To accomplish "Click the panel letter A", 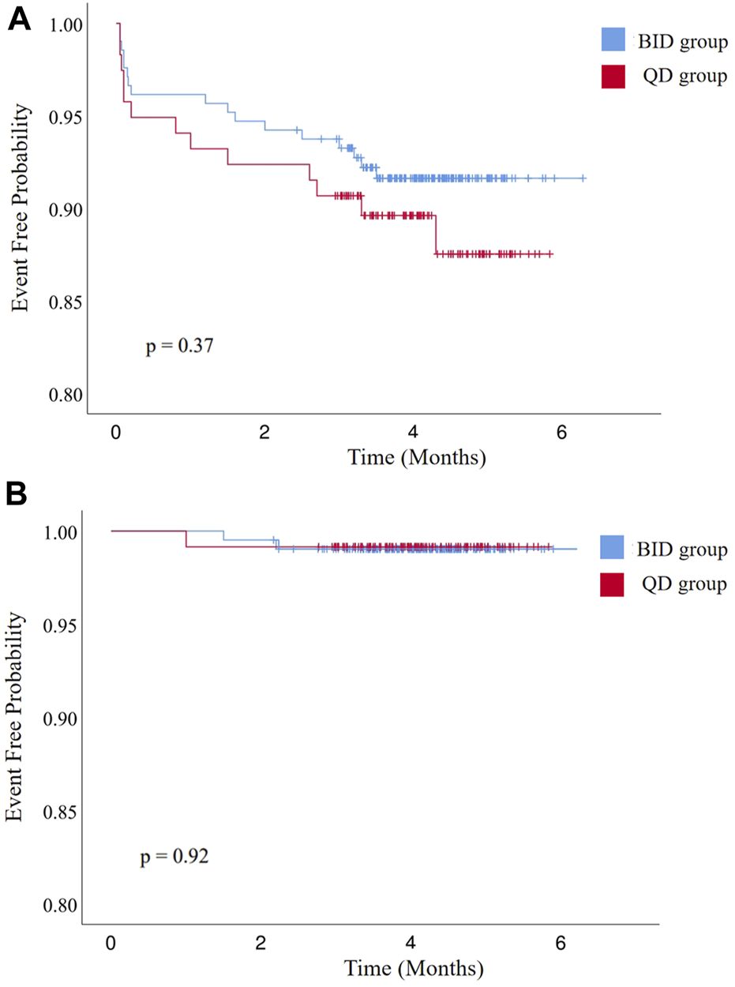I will pyautogui.click(x=20, y=20).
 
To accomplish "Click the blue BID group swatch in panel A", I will pyautogui.click(x=612, y=41).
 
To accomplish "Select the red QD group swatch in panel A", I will pyautogui.click(x=612, y=77).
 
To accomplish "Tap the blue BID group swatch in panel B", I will pyautogui.click(x=612, y=548).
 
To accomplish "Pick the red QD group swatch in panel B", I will pyautogui.click(x=612, y=584).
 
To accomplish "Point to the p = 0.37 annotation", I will pyautogui.click(x=178, y=346).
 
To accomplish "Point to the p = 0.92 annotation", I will pyautogui.click(x=175, y=856).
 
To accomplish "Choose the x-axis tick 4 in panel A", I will pyautogui.click(x=414, y=433).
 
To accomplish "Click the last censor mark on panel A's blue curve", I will pyautogui.click(x=583, y=178).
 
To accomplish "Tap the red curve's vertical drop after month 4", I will pyautogui.click(x=435, y=235).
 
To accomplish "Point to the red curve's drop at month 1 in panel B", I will pyautogui.click(x=186, y=539).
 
